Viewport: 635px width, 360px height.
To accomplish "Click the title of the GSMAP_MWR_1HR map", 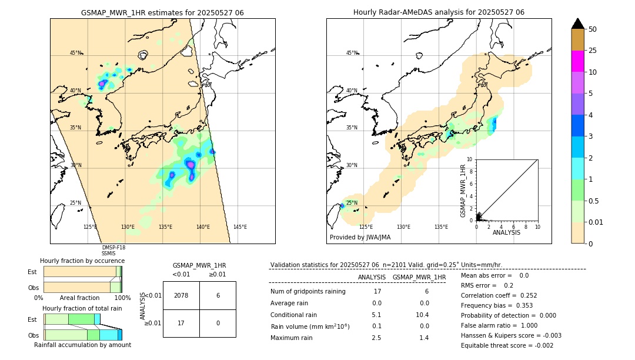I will pyautogui.click(x=162, y=12).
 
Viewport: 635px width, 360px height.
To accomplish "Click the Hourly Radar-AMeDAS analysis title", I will pyautogui.click(x=439, y=12).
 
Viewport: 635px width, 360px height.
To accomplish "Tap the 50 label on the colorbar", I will pyautogui.click(x=593, y=29).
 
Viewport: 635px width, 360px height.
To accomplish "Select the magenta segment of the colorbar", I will pyautogui.click(x=577, y=61).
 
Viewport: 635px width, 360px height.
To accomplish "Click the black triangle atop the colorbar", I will pyautogui.click(x=577, y=24).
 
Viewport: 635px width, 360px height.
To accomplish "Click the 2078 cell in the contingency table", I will pyautogui.click(x=181, y=295).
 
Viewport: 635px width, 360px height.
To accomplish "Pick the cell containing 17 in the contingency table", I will pyautogui.click(x=181, y=323).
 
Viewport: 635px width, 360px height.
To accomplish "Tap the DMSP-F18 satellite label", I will pyautogui.click(x=113, y=248).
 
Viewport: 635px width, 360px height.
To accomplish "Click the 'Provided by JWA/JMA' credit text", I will pyautogui.click(x=360, y=237).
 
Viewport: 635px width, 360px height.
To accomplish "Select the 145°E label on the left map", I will pyautogui.click(x=240, y=227).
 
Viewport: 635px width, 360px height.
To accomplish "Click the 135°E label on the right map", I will pyautogui.click(x=441, y=227).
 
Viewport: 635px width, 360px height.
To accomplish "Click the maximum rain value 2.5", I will pyautogui.click(x=376, y=338).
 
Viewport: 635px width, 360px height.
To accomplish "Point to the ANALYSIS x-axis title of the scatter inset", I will pyautogui.click(x=506, y=232).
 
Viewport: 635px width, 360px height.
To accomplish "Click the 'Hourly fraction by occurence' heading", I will pyautogui.click(x=82, y=261).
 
